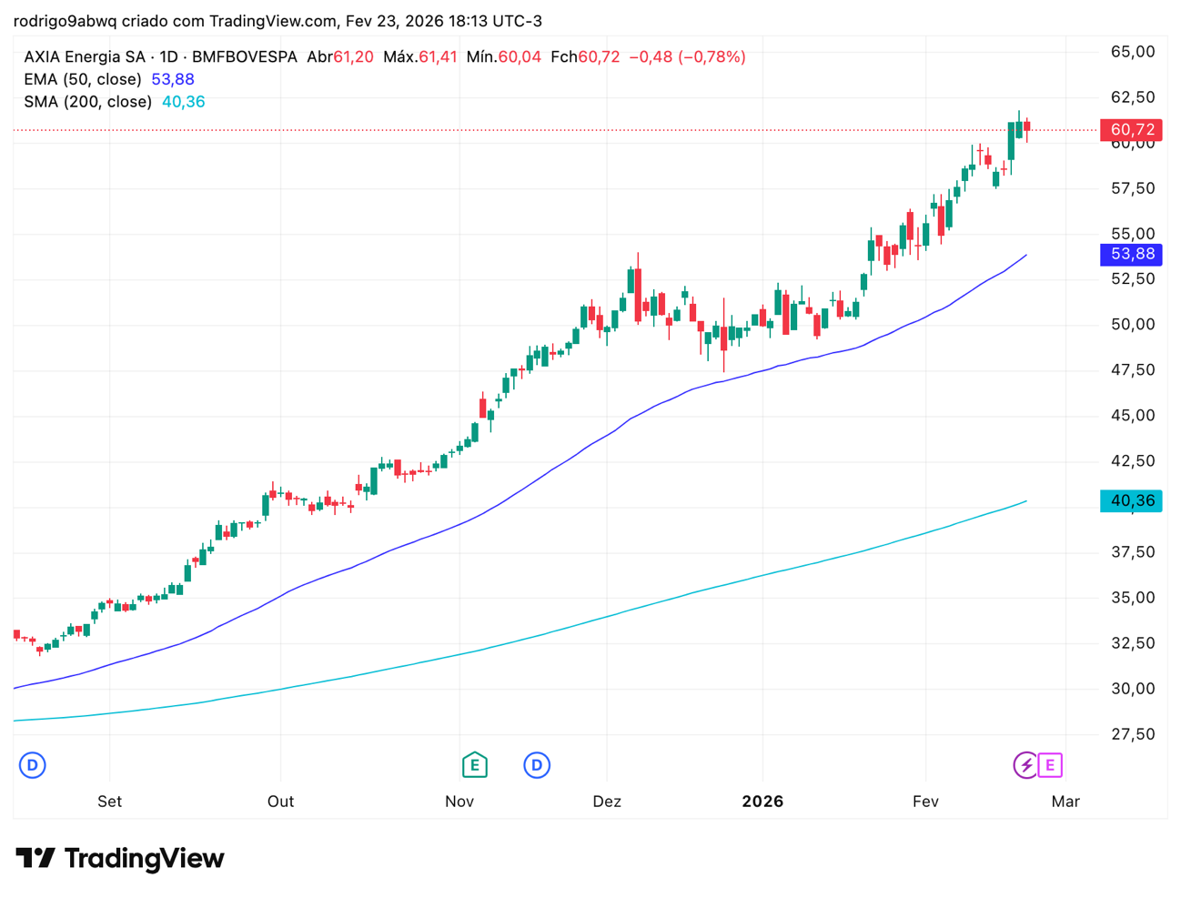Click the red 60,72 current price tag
pyautogui.click(x=1131, y=130)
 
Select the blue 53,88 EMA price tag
pyautogui.click(x=1131, y=254)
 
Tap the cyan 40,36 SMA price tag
pyautogui.click(x=1131, y=500)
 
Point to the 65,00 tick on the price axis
pyautogui.click(x=1133, y=52)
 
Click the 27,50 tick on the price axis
pyautogui.click(x=1133, y=734)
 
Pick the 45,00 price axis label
pyautogui.click(x=1133, y=416)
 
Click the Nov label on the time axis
pyautogui.click(x=459, y=802)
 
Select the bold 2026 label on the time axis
pyautogui.click(x=762, y=802)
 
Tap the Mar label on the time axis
pyautogui.click(x=1065, y=802)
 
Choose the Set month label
pyautogui.click(x=109, y=802)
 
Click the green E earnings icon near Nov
pyautogui.click(x=474, y=765)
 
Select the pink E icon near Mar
pyautogui.click(x=1050, y=765)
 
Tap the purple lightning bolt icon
pyautogui.click(x=1025, y=765)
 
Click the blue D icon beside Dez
pyautogui.click(x=537, y=765)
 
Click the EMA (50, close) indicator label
pyautogui.click(x=83, y=79)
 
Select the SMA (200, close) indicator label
pyautogui.click(x=87, y=102)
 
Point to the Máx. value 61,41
pyautogui.click(x=438, y=56)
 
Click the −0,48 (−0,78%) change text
pyautogui.click(x=687, y=56)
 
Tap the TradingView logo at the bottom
pyautogui.click(x=120, y=858)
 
